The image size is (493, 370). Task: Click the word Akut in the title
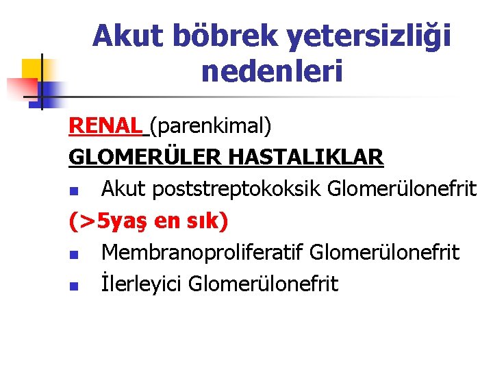[127, 36]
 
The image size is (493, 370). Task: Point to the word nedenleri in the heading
[272, 71]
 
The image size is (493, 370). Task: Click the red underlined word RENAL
[106, 126]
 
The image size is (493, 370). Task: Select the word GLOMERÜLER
[145, 158]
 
